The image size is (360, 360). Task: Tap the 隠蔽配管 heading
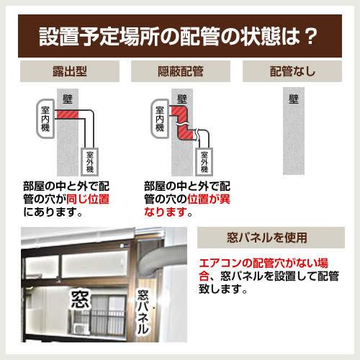coord(180,72)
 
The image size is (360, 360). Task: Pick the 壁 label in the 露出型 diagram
coord(69,97)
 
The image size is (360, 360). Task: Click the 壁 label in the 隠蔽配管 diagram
coord(182,97)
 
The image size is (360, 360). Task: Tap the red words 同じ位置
coord(86,199)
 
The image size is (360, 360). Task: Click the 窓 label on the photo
coord(79,300)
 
